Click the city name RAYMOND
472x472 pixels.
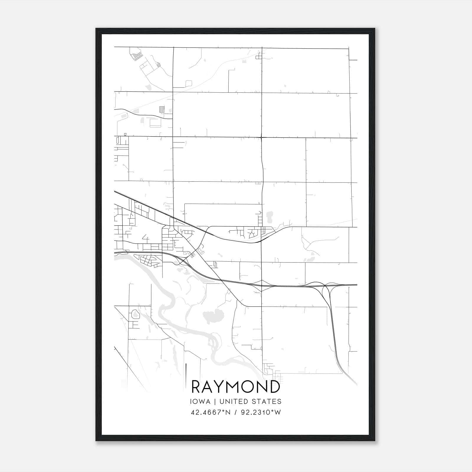(236, 387)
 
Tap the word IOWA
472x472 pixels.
(200, 401)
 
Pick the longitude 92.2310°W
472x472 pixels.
(261, 412)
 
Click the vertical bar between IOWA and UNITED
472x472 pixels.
(215, 401)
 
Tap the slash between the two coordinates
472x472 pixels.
(235, 412)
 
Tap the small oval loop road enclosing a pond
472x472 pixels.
(135, 314)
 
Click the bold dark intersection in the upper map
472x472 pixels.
(262, 137)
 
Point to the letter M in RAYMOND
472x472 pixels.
(236, 387)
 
